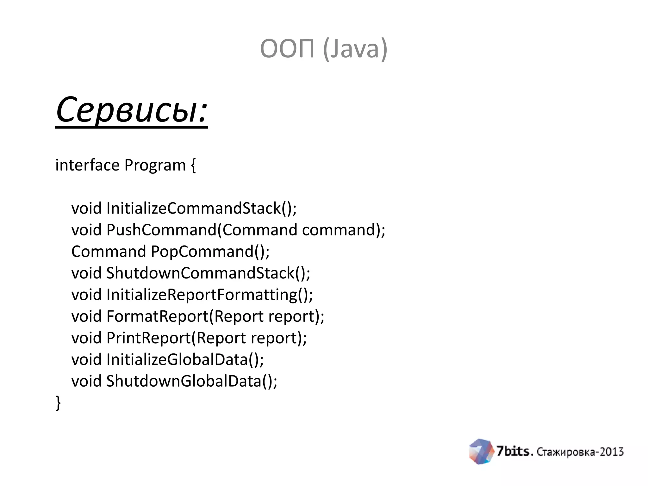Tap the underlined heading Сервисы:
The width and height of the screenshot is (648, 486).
(131, 110)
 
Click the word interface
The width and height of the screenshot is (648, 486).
(87, 165)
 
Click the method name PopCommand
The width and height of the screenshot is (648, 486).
(202, 252)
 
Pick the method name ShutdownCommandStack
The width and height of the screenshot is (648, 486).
(201, 273)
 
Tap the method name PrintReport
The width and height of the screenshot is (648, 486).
(149, 338)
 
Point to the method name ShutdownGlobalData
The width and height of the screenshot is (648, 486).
(184, 381)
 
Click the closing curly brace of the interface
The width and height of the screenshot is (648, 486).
(58, 403)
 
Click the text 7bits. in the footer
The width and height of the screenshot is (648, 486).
(515, 451)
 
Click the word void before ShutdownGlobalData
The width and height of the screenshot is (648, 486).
(86, 381)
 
